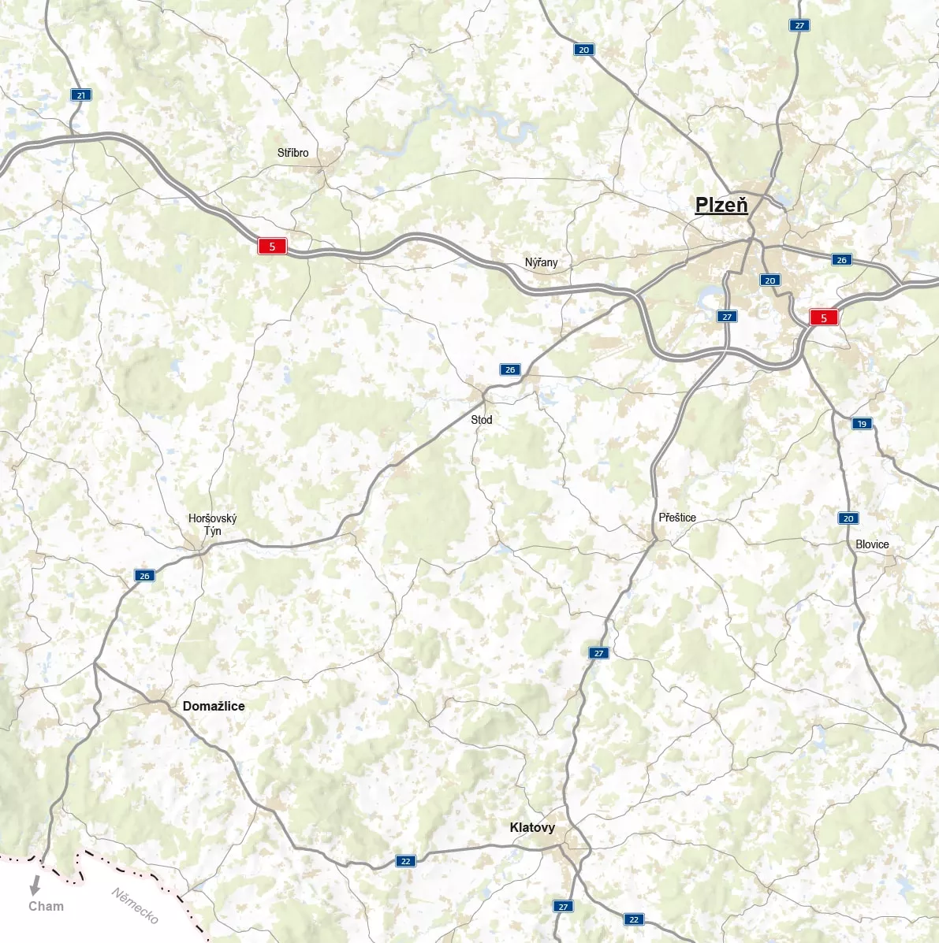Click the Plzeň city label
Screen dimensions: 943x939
(721, 206)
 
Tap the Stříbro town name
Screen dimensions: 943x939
(293, 153)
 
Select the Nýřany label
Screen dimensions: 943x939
(541, 262)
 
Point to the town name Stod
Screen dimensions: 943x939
(481, 420)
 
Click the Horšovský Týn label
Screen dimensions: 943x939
(212, 525)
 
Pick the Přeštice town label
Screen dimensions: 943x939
(677, 518)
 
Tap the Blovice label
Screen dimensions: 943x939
(872, 544)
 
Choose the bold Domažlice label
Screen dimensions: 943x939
(214, 706)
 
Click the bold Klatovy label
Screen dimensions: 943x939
(532, 827)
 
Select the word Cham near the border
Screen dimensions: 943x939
(46, 906)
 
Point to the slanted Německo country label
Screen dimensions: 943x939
(135, 905)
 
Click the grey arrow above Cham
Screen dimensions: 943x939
(35, 885)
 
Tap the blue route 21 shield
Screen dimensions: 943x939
(80, 95)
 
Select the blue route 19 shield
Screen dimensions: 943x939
(862, 424)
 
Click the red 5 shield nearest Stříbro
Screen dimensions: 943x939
(272, 247)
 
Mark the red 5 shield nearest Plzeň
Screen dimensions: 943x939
(824, 318)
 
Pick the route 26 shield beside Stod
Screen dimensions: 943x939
(510, 369)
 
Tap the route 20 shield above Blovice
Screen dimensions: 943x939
(848, 518)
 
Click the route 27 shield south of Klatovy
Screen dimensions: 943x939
(563, 907)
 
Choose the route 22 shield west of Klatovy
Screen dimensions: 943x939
(405, 861)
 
